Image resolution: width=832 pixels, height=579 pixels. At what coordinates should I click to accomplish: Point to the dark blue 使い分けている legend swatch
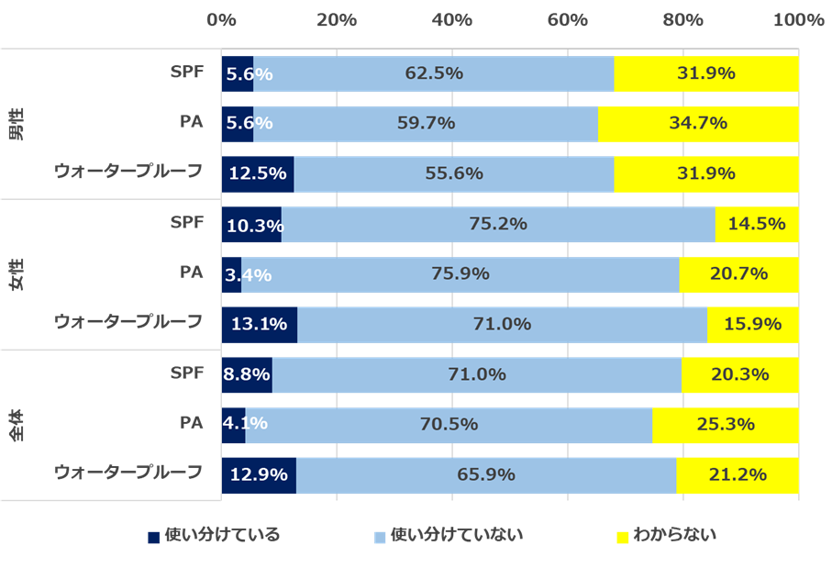coord(154,536)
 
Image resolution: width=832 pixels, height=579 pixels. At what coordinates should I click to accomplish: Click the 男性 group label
coord(17,124)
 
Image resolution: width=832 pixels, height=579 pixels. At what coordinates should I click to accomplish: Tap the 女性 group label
coord(17,274)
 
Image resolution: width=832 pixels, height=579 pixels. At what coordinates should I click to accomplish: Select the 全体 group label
coord(17,425)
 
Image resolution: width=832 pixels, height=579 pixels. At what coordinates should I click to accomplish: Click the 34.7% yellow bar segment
coord(698,124)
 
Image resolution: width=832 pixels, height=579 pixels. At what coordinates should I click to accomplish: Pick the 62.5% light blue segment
coord(433,73)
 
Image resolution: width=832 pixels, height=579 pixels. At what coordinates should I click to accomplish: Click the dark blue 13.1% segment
coord(260,324)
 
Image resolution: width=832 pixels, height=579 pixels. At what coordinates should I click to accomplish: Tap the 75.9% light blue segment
coord(460,273)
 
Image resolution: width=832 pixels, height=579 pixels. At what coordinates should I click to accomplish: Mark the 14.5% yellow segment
coord(757,224)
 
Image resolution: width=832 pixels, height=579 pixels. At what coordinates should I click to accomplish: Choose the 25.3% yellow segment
coord(726,425)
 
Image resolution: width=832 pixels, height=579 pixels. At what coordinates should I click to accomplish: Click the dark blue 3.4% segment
coord(231,273)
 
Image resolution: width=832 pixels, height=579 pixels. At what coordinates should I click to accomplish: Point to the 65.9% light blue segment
coord(486,475)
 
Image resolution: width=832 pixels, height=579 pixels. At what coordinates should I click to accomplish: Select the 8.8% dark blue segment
coord(247,374)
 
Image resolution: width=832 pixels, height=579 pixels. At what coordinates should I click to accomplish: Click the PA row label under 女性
coord(191,272)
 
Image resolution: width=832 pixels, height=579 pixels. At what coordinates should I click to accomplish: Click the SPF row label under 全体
coord(186,373)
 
